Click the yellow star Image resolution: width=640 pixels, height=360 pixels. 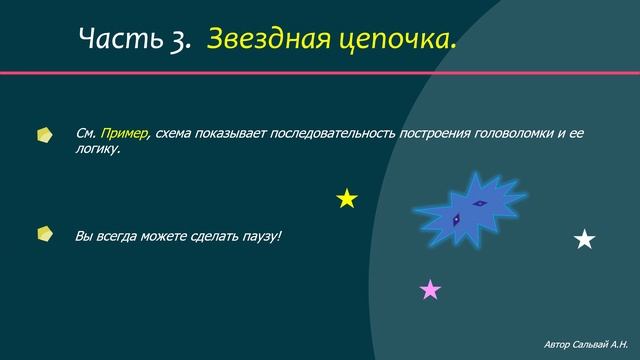pyautogui.click(x=347, y=199)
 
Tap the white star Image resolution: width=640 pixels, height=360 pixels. pyautogui.click(x=585, y=239)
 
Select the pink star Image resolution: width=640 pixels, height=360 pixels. pyautogui.click(x=430, y=290)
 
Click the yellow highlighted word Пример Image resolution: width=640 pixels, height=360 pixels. pyautogui.click(x=124, y=133)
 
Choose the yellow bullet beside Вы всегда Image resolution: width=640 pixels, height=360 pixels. pyautogui.click(x=45, y=234)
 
